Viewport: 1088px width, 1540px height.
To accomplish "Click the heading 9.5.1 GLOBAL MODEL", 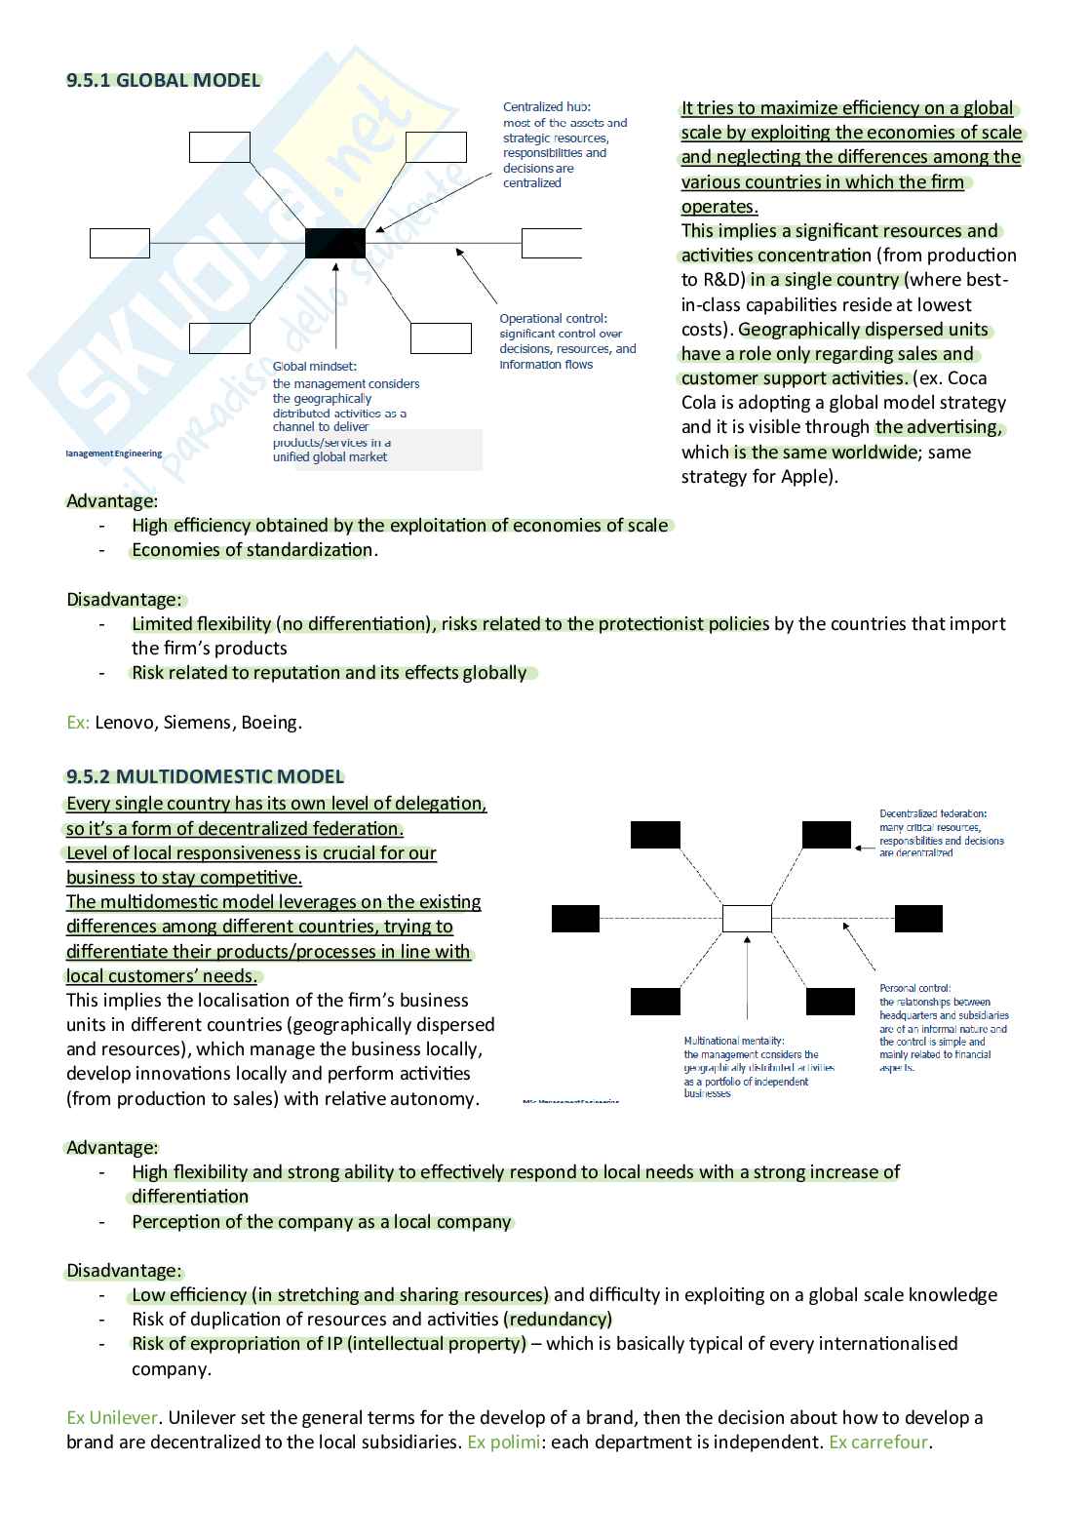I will (x=164, y=81).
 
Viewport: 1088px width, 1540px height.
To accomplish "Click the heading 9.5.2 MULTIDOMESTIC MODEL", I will (x=205, y=777).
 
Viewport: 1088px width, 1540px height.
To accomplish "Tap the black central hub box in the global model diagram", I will (x=335, y=243).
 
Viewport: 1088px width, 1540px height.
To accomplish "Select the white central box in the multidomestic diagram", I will (x=747, y=918).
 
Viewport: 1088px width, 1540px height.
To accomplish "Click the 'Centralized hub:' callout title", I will (x=546, y=107).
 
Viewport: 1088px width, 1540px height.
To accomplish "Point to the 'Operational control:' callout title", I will (x=553, y=319).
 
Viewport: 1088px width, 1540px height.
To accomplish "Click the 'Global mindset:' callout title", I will (x=315, y=367).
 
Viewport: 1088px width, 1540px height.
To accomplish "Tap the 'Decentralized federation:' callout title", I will (x=933, y=813).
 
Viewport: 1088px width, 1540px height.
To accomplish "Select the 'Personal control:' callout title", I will (x=914, y=988).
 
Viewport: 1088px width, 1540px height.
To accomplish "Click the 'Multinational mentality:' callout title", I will (x=734, y=1041).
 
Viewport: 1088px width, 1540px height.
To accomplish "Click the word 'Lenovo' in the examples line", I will (x=124, y=723).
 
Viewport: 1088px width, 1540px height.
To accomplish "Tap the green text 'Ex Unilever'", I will (x=112, y=1418).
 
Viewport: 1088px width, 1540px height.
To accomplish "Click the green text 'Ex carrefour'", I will (x=878, y=1442).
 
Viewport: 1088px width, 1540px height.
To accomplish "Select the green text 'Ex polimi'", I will (x=503, y=1442).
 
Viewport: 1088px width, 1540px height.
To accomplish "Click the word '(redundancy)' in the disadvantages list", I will (x=558, y=1320).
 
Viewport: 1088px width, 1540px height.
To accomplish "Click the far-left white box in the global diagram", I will (x=120, y=243).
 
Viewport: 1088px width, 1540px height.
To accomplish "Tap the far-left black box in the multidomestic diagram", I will (x=575, y=919).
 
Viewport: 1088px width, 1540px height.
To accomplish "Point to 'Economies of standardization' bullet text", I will (x=253, y=550).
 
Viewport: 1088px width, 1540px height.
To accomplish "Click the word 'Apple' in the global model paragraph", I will (x=807, y=477).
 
